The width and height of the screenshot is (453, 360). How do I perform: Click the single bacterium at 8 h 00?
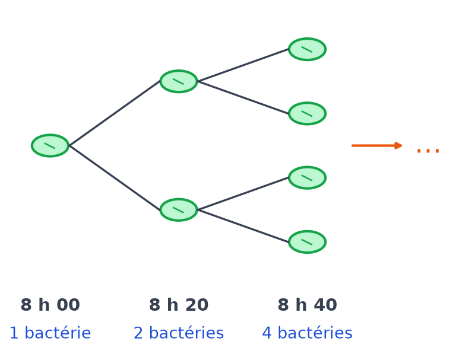tap(50, 145)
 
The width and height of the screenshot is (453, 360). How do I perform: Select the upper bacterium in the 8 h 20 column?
tap(179, 81)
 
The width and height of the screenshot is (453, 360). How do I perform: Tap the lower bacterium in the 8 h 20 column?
tap(179, 210)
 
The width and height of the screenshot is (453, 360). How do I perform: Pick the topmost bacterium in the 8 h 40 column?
tap(308, 49)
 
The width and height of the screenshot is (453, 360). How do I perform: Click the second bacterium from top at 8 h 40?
tap(308, 113)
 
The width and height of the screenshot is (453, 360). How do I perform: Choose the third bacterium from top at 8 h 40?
tap(308, 178)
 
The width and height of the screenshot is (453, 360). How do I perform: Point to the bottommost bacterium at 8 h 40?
tap(308, 242)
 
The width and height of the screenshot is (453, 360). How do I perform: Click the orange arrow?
tap(377, 145)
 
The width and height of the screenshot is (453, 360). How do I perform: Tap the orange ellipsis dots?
tap(428, 151)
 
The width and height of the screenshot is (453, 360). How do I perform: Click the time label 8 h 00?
tap(50, 305)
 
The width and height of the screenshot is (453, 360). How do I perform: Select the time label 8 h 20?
tap(179, 305)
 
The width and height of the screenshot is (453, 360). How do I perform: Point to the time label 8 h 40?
tap(308, 305)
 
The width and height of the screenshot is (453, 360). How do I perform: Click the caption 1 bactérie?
tap(50, 333)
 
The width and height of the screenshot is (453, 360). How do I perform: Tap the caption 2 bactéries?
tap(179, 333)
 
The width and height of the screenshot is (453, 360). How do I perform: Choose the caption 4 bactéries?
tap(308, 333)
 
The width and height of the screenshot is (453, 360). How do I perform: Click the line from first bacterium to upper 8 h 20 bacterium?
tap(115, 113)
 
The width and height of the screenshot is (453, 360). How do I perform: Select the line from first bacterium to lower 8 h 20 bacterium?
tap(115, 178)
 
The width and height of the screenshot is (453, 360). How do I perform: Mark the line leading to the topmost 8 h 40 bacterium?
tap(243, 65)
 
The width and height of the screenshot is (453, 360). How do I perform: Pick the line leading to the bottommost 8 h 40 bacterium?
tap(243, 226)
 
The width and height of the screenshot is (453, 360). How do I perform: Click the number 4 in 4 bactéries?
tap(267, 333)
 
